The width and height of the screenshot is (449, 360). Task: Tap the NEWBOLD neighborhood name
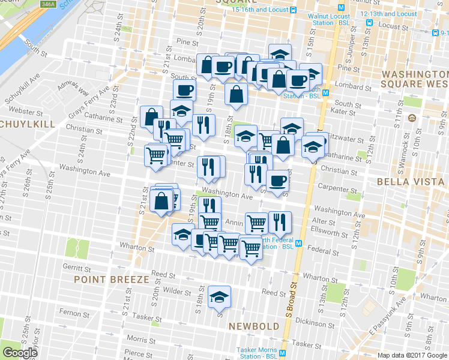coord(254,326)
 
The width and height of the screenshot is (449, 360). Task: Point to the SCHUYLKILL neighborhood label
coord(26,124)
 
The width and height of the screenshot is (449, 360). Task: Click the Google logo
coord(20,353)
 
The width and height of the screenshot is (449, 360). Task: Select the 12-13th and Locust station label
coord(388,14)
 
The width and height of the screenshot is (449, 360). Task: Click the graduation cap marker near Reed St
coord(219,297)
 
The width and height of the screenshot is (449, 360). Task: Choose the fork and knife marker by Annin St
coord(279,222)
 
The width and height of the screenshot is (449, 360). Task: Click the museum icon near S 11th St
coord(411,118)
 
